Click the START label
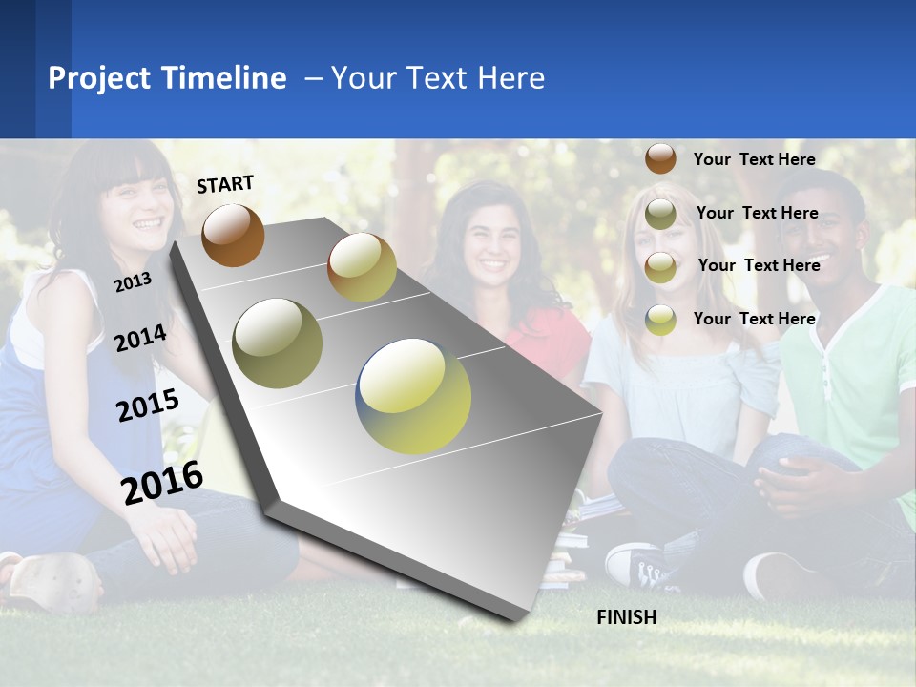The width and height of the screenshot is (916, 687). pyautogui.click(x=225, y=184)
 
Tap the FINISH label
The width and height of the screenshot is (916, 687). pyautogui.click(x=627, y=617)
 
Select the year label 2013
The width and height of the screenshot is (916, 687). pyautogui.click(x=133, y=281)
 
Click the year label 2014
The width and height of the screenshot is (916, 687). pyautogui.click(x=140, y=338)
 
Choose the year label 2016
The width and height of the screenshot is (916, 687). pyautogui.click(x=162, y=482)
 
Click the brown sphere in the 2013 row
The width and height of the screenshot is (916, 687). pyautogui.click(x=233, y=235)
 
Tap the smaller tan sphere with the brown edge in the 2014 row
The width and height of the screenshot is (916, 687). pyautogui.click(x=362, y=267)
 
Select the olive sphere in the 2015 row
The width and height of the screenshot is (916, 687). pyautogui.click(x=278, y=343)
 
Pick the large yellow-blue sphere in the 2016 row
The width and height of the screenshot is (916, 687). pyautogui.click(x=414, y=395)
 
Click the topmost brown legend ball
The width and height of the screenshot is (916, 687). pyautogui.click(x=660, y=158)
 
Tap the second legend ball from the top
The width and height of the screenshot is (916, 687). pyautogui.click(x=660, y=214)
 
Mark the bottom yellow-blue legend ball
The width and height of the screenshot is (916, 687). pyautogui.click(x=660, y=319)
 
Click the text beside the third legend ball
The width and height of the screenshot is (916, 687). pyautogui.click(x=759, y=265)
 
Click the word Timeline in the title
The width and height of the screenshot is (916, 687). pyautogui.click(x=225, y=78)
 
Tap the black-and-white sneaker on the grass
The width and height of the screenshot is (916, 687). pyautogui.click(x=641, y=567)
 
